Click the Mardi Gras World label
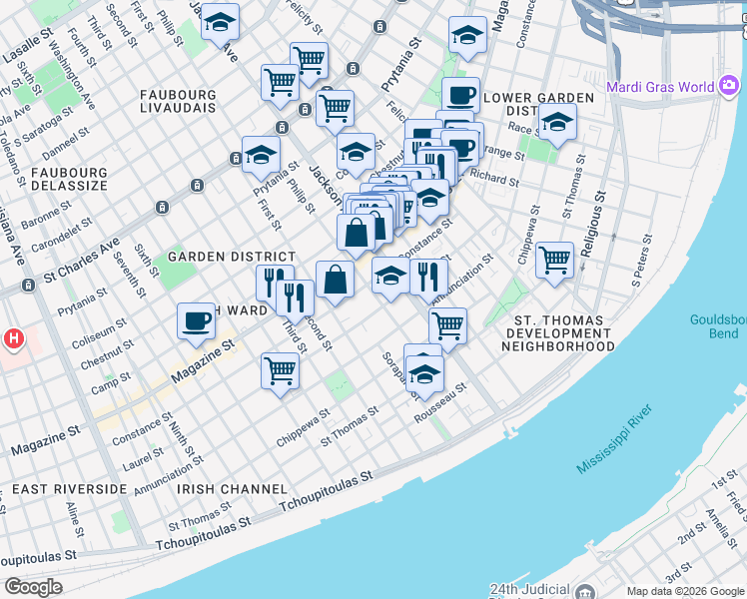(654, 86)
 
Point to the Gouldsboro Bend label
(717, 326)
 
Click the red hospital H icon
(13, 339)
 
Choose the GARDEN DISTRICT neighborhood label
(231, 257)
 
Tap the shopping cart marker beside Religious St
(554, 260)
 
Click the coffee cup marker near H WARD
(196, 320)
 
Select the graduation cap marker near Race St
(557, 123)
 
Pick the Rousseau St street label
(441, 397)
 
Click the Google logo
(33, 587)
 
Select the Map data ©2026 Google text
(683, 591)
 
